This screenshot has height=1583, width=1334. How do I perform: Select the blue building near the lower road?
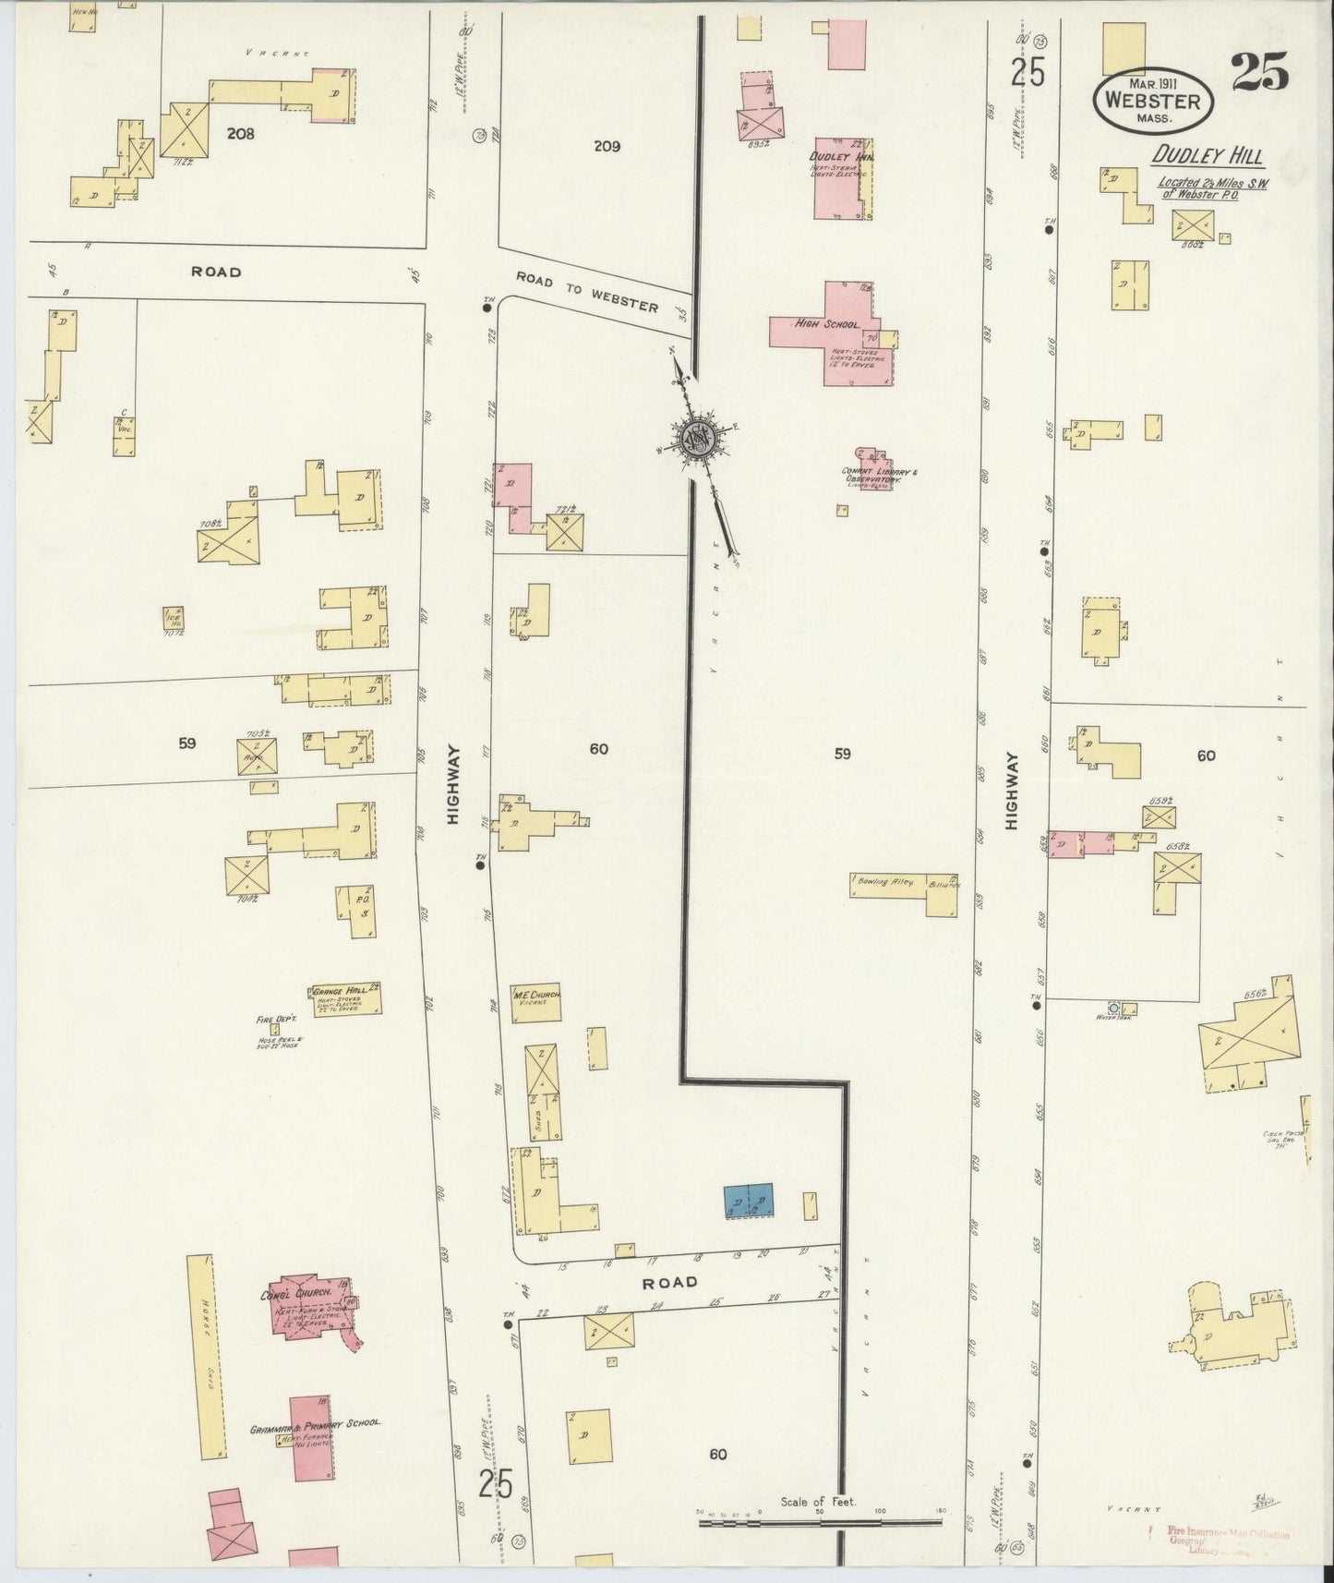point(749,1199)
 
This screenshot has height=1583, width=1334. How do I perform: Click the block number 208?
point(240,133)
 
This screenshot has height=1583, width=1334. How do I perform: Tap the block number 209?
point(607,146)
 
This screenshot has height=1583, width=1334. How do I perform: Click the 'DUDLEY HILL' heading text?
point(1207,157)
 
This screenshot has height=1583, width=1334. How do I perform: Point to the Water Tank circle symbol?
point(1113,1008)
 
